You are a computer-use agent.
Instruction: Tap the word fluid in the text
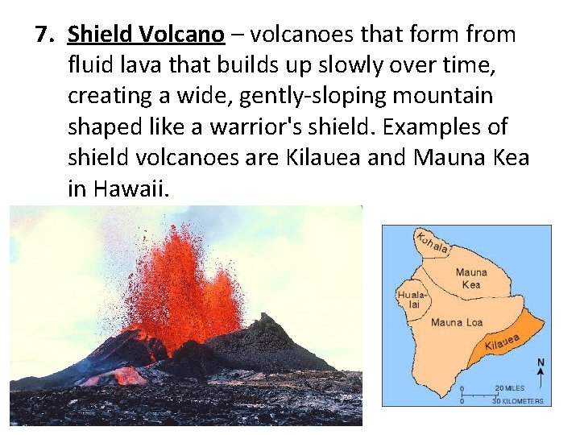point(90,65)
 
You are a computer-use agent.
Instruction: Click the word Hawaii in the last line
point(131,188)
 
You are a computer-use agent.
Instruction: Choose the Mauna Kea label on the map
point(471,279)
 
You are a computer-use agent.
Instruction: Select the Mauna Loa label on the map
point(457,322)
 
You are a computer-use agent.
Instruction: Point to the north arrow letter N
point(541,362)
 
